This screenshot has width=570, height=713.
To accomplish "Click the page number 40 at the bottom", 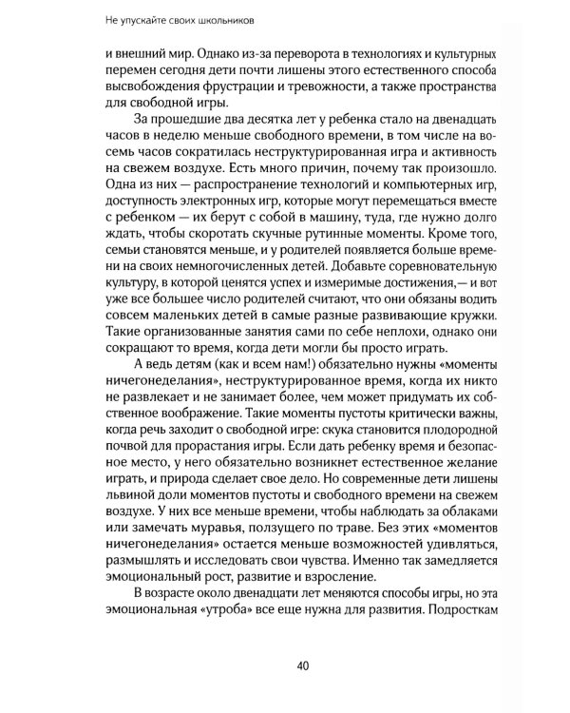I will (x=302, y=665).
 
